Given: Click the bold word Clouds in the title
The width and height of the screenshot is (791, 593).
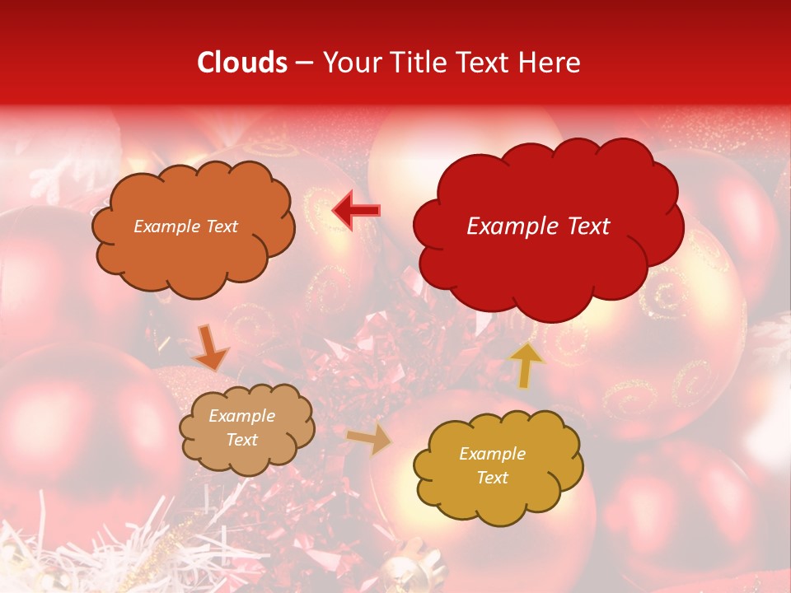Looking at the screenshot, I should point(242,63).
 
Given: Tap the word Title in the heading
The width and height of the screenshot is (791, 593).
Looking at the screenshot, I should point(412,63).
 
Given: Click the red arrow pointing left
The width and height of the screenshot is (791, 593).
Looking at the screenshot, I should point(356,211).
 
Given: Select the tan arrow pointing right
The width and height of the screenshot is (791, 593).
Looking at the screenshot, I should point(370,440).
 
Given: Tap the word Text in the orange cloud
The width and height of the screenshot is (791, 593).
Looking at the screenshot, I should point(222,226).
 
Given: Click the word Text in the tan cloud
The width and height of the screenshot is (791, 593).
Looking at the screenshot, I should point(242,440).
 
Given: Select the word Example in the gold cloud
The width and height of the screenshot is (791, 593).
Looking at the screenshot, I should point(492,454).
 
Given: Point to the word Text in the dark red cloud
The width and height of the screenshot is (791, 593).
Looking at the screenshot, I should point(589,226).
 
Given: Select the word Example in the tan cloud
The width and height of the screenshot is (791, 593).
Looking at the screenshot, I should point(242,416).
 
